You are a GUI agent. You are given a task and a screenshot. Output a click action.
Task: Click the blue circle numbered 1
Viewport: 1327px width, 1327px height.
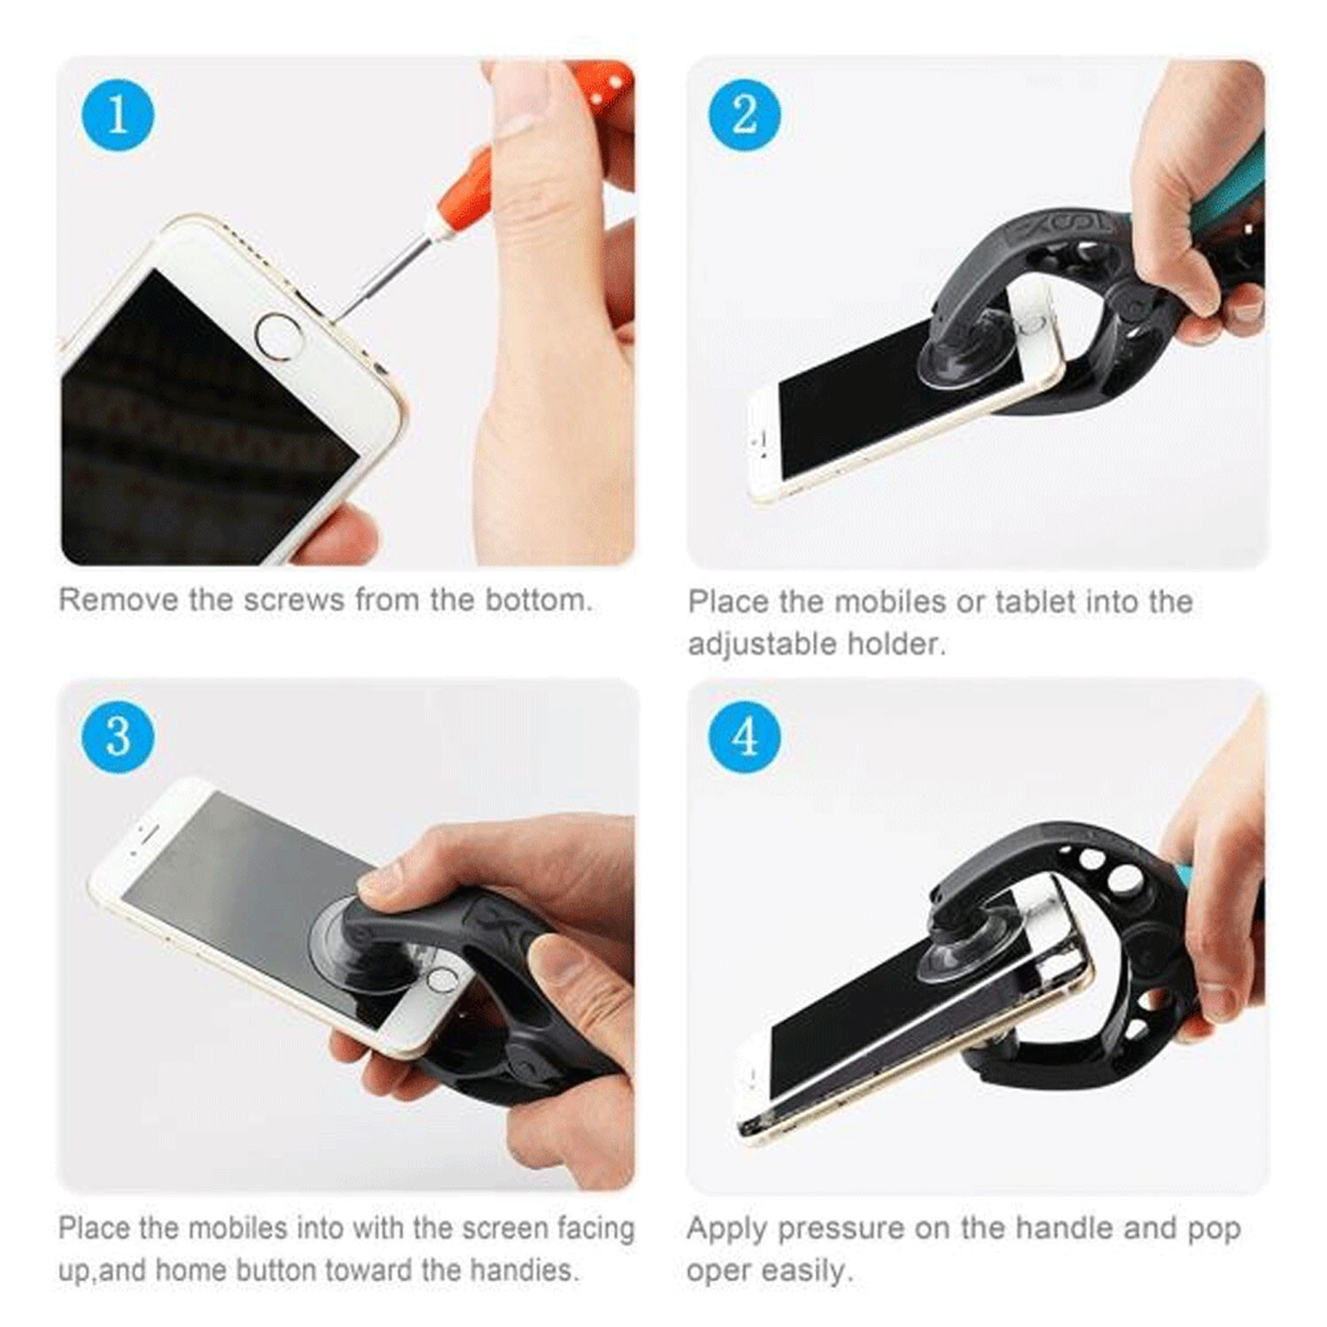point(118,115)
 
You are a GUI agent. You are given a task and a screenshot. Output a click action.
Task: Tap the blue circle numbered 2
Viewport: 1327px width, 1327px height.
point(745,115)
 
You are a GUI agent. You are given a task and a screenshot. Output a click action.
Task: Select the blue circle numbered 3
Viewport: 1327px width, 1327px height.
point(118,737)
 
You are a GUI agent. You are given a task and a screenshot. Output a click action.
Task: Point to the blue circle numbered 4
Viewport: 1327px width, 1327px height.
point(745,737)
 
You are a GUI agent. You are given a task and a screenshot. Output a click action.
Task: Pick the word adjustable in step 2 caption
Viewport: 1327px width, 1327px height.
point(763,643)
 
